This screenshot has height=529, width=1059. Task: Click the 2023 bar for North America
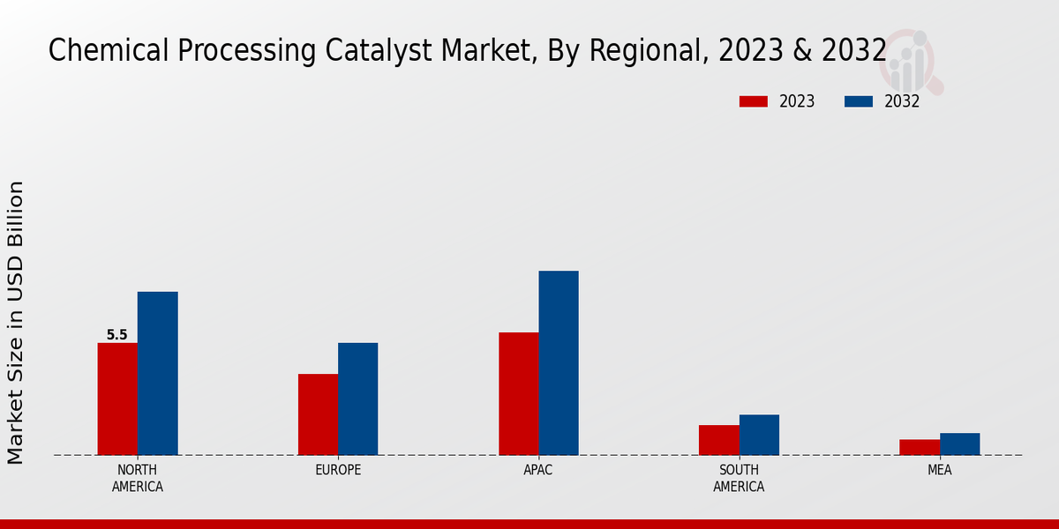click(117, 399)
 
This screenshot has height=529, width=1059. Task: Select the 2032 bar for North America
click(157, 373)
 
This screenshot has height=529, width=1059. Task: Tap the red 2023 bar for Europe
click(318, 414)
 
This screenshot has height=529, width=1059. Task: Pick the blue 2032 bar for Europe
click(357, 399)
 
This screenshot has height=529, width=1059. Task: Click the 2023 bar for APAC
click(518, 393)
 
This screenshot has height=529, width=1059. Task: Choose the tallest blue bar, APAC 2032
click(559, 362)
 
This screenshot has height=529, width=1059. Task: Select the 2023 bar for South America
click(718, 440)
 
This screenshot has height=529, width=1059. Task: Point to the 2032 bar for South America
click(759, 435)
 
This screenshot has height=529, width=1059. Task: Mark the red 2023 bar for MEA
click(920, 447)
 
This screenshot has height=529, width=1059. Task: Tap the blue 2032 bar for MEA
click(959, 443)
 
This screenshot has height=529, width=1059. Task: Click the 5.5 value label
click(116, 335)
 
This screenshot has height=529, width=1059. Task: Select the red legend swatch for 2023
click(754, 101)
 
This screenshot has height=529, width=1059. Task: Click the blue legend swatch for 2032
click(858, 101)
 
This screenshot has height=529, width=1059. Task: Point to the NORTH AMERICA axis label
click(138, 478)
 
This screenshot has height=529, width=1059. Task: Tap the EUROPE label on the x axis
click(338, 470)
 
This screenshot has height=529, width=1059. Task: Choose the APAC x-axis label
click(538, 470)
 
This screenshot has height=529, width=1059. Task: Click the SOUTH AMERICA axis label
click(739, 478)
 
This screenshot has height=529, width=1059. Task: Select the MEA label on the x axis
click(939, 470)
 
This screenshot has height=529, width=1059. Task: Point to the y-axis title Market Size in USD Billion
click(16, 322)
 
